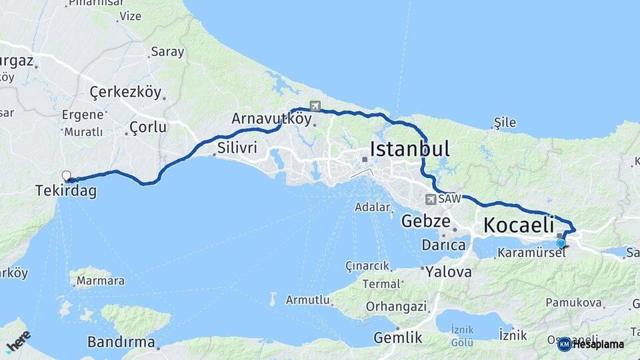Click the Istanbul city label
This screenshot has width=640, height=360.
click(409, 149)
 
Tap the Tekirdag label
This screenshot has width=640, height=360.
click(66, 191)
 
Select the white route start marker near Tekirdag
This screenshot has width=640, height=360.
click(66, 176)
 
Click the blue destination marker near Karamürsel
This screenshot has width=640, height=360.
click(561, 243)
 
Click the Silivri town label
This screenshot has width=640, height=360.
click(236, 148)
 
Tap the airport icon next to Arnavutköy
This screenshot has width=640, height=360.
click(315, 106)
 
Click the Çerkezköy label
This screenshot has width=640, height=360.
click(125, 93)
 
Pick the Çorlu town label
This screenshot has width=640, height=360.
click(148, 127)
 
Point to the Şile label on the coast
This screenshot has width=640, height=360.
click(505, 123)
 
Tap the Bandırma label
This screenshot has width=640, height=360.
click(121, 342)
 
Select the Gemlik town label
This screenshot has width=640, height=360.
click(398, 337)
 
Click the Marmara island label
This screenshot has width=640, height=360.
click(100, 281)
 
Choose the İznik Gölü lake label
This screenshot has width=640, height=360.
click(463, 335)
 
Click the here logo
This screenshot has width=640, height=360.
click(18, 342)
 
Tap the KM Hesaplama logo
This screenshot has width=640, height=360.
click(591, 344)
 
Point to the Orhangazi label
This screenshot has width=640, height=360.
click(396, 307)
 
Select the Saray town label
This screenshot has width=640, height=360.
click(167, 51)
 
